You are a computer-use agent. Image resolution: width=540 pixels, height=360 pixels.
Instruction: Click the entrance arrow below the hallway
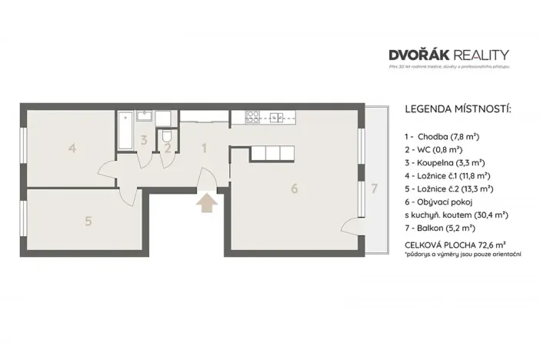click(x=206, y=204)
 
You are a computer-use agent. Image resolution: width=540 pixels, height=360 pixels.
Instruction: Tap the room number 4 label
click(x=72, y=148)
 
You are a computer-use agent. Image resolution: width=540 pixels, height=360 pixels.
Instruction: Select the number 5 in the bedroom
click(x=88, y=221)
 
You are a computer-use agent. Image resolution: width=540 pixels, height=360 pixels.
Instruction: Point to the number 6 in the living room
click(x=294, y=188)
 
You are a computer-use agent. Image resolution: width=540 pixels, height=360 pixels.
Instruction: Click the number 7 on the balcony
click(x=374, y=188)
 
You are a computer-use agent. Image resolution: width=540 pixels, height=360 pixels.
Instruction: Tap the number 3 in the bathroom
click(x=144, y=140)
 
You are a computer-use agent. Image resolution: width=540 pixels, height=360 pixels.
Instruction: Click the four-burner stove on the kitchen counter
click(x=252, y=117)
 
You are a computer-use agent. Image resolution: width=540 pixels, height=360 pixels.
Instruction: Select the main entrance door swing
click(x=206, y=180)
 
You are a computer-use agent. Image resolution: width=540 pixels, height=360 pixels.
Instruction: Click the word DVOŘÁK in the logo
click(x=422, y=55)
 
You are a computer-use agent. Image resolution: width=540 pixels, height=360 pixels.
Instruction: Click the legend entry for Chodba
click(x=442, y=135)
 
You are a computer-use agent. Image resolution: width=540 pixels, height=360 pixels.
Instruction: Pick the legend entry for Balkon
click(x=441, y=228)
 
